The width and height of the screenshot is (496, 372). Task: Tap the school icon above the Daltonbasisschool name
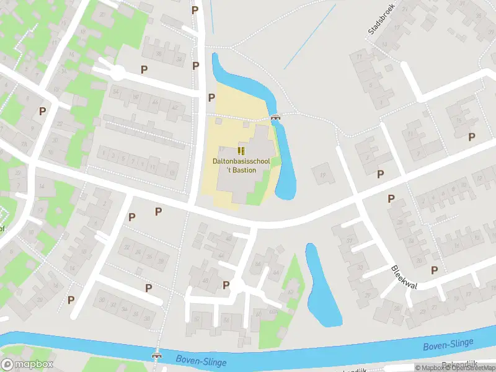(241, 151)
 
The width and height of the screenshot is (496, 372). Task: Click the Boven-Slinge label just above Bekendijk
(448, 345)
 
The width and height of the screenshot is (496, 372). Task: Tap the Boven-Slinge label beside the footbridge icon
(201, 360)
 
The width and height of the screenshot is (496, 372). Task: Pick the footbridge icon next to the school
(275, 118)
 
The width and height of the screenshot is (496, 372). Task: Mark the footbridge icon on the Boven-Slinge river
(157, 356)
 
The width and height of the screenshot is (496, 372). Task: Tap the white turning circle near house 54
(117, 73)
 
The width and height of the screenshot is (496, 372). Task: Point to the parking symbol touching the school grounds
(211, 97)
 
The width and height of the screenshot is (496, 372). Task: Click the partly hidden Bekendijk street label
(461, 366)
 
